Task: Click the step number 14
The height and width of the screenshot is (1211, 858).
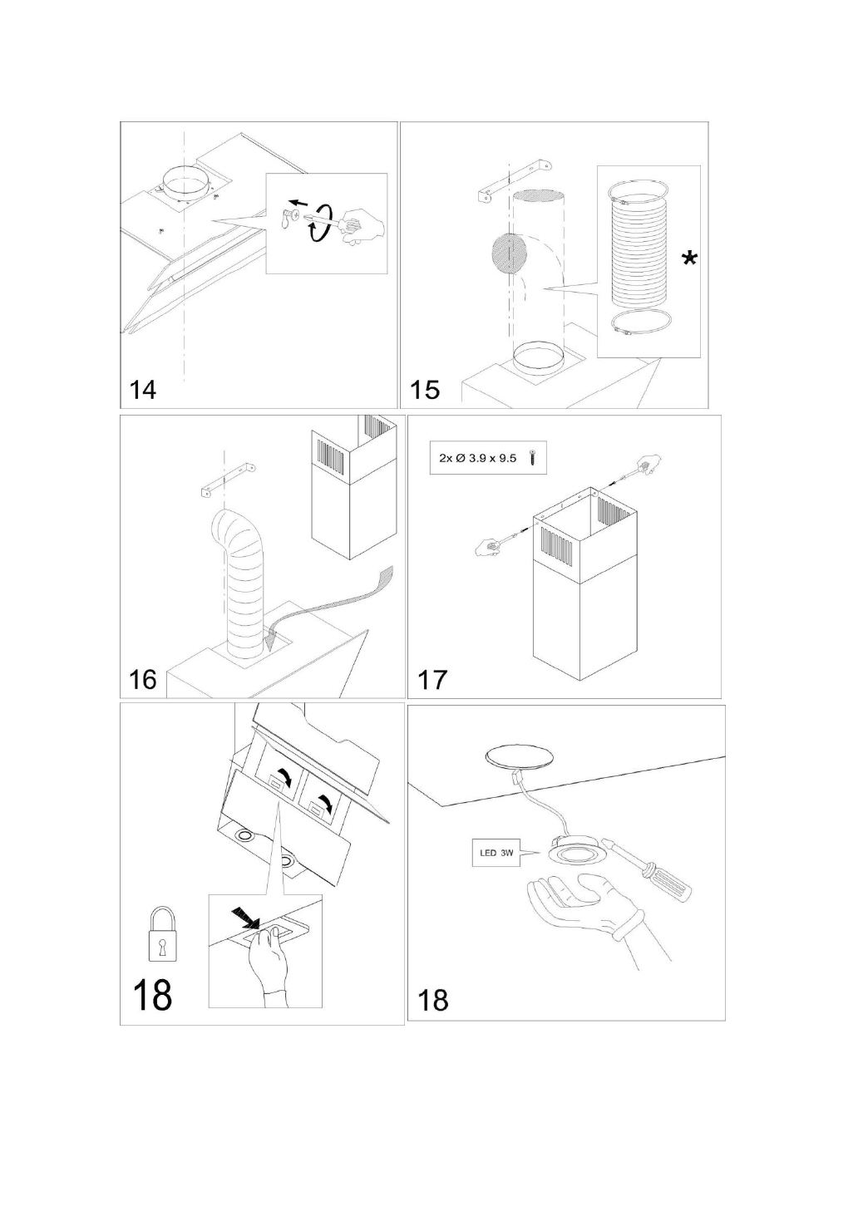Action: tap(143, 388)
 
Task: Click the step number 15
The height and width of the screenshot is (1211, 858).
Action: tap(425, 388)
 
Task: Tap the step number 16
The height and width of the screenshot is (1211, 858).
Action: tap(143, 679)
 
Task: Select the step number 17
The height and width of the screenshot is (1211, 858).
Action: tap(432, 679)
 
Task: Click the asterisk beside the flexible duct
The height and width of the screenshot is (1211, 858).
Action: tap(689, 260)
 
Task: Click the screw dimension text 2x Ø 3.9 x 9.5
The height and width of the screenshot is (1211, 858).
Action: tap(477, 458)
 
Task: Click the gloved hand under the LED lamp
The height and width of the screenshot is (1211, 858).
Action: tap(582, 906)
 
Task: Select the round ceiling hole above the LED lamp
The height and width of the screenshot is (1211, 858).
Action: tap(520, 756)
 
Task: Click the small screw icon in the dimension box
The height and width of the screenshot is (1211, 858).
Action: tap(532, 458)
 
